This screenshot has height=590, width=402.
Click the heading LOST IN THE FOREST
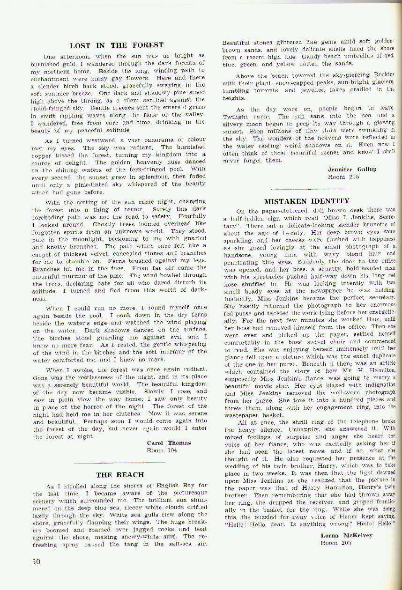[117, 45]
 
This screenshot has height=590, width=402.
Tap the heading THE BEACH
[120, 475]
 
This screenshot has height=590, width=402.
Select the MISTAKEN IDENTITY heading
[307, 202]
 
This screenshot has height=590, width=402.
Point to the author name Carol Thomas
[169, 442]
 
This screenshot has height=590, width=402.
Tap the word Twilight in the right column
[236, 117]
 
